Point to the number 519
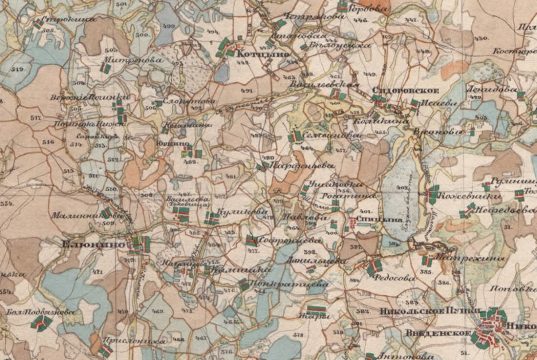pos(18,68)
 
